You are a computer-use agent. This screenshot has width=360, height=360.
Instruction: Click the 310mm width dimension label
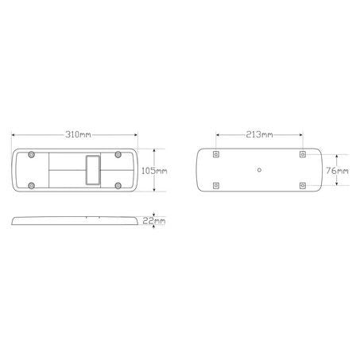[x=78, y=134]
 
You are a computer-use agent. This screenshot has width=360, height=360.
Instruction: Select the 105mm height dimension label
[x=154, y=171]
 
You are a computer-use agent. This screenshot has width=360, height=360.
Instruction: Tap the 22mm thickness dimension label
[x=154, y=221]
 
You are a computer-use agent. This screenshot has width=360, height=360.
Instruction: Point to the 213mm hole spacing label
[x=259, y=134]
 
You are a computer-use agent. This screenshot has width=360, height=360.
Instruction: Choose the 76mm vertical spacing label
[x=337, y=171]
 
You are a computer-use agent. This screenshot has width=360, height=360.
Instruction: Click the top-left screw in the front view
[x=32, y=154]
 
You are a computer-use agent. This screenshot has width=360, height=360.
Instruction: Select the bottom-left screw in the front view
[x=32, y=185]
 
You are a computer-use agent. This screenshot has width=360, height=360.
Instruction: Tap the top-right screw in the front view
[x=118, y=154]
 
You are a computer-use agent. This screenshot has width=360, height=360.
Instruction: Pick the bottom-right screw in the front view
[x=118, y=185]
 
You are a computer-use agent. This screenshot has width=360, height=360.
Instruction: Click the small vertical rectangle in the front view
[x=93, y=170]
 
